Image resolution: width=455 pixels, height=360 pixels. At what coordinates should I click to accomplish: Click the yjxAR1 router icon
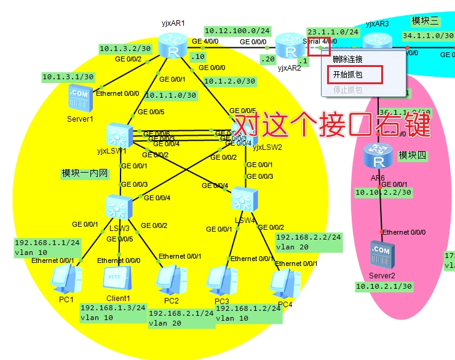pos(171,45)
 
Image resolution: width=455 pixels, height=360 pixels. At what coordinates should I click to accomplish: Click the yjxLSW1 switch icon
pos(117,135)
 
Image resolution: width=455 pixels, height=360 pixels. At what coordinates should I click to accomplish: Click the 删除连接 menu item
pos(348,60)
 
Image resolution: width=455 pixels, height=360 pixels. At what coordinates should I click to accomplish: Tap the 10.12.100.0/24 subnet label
pos(237,30)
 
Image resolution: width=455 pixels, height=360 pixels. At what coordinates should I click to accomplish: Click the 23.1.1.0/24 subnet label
pos(333,31)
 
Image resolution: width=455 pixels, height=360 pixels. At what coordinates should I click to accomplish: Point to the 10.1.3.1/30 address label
pos(68,77)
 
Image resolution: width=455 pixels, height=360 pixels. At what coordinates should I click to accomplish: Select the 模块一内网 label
pos(85,173)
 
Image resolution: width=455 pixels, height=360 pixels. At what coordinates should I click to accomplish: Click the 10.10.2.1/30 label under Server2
pos(383,286)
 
